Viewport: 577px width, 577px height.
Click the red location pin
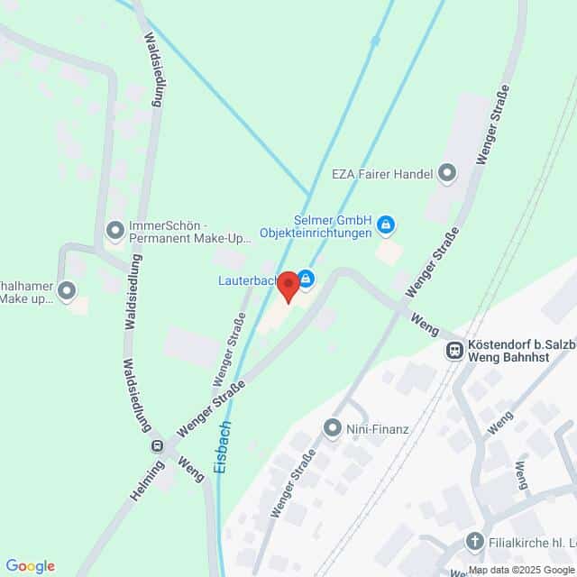pos(288,286)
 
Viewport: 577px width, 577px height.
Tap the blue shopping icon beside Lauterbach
pos(307,279)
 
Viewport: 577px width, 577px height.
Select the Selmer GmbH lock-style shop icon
pos(386,224)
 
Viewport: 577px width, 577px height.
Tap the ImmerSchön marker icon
pos(114,231)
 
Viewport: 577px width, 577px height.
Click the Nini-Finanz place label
pos(378,428)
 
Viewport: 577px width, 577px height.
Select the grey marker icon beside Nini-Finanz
pos(334,427)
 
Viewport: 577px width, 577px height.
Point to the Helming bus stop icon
pos(157,445)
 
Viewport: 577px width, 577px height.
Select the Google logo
pos(30,566)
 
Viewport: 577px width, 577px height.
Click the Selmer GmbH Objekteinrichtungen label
pos(316,226)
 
